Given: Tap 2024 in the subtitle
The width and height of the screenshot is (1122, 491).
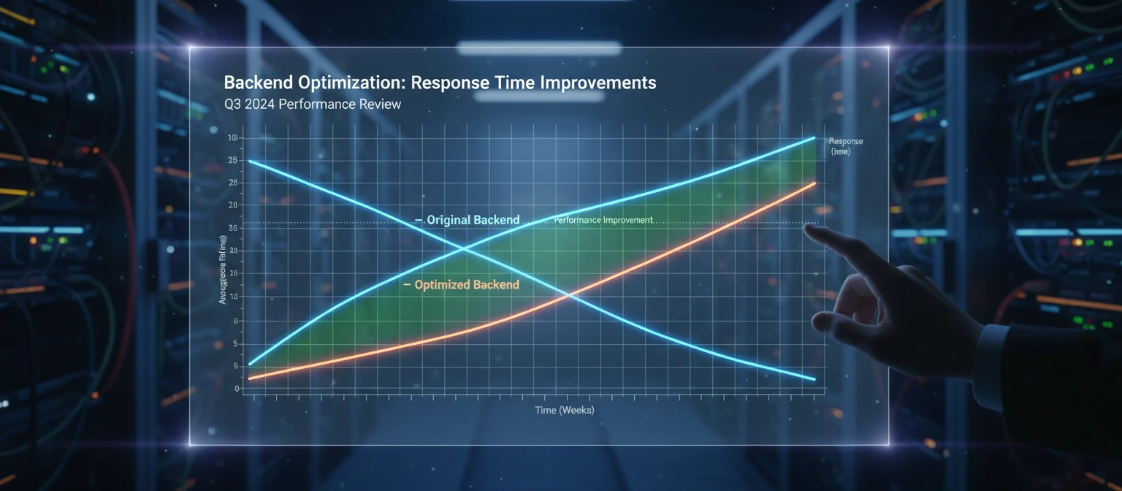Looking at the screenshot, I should pyautogui.click(x=263, y=104).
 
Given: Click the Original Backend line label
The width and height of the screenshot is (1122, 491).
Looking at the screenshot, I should pyautogui.click(x=473, y=220).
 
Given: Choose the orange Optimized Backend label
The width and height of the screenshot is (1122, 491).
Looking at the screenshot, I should pyautogui.click(x=466, y=285).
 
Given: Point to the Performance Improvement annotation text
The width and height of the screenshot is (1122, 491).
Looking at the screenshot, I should pyautogui.click(x=603, y=220).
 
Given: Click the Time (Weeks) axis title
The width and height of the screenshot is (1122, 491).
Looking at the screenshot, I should pyautogui.click(x=565, y=410).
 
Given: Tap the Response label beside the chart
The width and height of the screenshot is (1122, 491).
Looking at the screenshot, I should pyautogui.click(x=846, y=141).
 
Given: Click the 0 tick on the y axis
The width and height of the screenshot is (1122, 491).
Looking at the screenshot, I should pyautogui.click(x=237, y=389).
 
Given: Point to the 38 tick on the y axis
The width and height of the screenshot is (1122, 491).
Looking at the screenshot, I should pyautogui.click(x=233, y=228).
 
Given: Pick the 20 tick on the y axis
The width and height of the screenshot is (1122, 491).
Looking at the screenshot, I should pyautogui.click(x=233, y=205).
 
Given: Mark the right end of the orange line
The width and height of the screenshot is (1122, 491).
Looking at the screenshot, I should pyautogui.click(x=815, y=183).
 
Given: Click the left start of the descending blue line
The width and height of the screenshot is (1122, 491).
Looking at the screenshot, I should pyautogui.click(x=250, y=161).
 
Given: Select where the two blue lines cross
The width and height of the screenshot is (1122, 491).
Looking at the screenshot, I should pyautogui.click(x=464, y=250).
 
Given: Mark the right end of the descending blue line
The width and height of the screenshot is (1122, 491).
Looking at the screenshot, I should pyautogui.click(x=814, y=379).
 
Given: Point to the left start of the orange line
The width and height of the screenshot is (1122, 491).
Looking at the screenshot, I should pyautogui.click(x=250, y=378).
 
